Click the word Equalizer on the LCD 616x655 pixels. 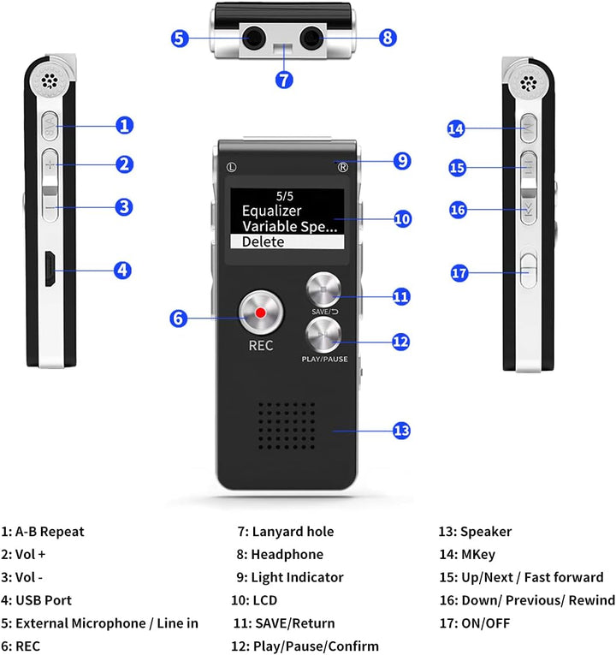(x=271, y=211)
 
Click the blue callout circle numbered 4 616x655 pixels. (x=124, y=270)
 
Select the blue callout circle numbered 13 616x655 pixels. (x=402, y=430)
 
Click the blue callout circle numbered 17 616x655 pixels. (x=460, y=273)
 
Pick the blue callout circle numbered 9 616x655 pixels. (x=402, y=160)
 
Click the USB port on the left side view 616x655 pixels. (x=50, y=270)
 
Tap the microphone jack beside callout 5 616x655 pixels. (x=254, y=38)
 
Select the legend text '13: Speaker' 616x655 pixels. (x=474, y=532)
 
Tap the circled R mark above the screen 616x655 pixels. (x=343, y=167)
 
